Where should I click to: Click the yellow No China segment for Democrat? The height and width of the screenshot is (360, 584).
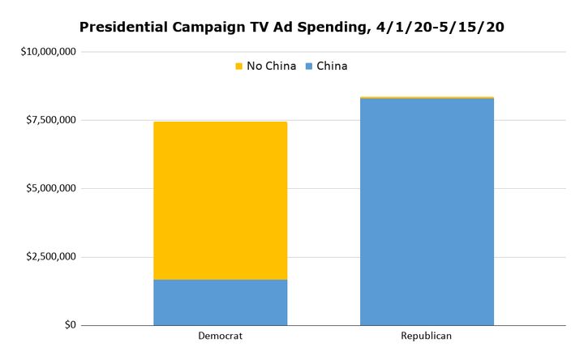pos(220,200)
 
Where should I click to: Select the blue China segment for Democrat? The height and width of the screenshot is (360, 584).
pos(220,302)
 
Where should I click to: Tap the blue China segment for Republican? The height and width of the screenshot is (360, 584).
pos(427,212)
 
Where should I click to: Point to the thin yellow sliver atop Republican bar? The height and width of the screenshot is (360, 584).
pos(427,97)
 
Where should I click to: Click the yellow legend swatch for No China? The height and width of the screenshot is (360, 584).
pos(238,66)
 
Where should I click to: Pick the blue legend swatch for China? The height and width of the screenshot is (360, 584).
pos(309,66)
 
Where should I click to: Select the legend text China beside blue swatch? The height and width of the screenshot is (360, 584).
pos(332,66)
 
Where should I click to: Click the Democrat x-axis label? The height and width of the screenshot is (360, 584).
pos(220,336)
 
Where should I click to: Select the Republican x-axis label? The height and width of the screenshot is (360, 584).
pos(427,336)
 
